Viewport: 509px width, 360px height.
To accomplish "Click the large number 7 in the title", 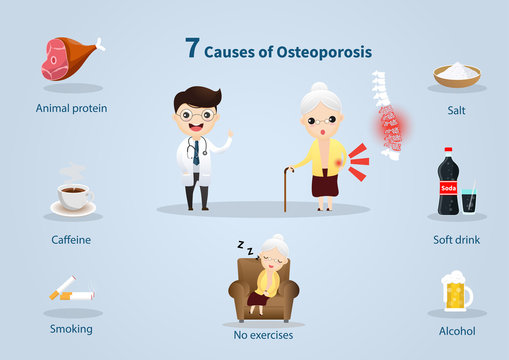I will click(192, 48).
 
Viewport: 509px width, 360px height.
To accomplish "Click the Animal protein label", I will click(71, 108).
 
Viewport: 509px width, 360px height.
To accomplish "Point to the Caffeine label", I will click(71, 240).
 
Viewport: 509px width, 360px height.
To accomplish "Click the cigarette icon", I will click(71, 292).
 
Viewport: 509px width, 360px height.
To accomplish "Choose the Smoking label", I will click(71, 328).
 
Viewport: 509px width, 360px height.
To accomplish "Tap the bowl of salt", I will click(456, 74).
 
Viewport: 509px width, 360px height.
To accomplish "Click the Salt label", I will click(456, 110).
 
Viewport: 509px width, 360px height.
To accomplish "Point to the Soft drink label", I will click(456, 240).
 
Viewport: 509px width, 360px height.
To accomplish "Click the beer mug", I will click(455, 292).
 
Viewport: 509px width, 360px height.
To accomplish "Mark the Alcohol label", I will click(456, 330).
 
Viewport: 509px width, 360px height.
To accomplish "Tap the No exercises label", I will click(263, 335).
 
